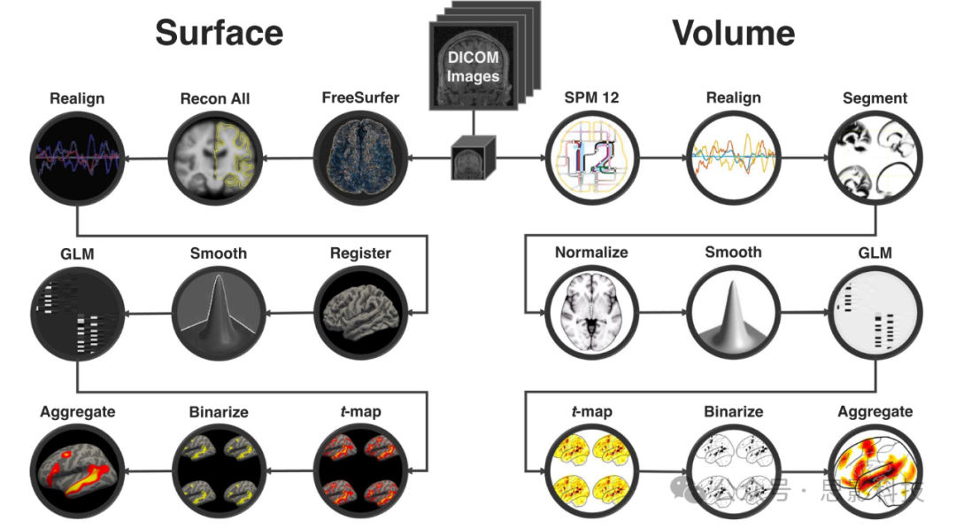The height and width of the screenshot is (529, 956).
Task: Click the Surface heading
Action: pyautogui.click(x=219, y=33)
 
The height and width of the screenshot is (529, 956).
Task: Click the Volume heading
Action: pyautogui.click(x=733, y=33)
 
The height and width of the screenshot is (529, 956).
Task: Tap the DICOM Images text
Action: pyautogui.click(x=472, y=66)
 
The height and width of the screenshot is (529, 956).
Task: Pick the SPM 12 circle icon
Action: pyautogui.click(x=590, y=159)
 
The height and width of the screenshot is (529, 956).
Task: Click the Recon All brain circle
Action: pyautogui.click(x=215, y=159)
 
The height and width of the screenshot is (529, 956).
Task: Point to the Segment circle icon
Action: pyautogui.click(x=875, y=159)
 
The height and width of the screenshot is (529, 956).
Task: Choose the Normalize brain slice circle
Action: pyautogui.click(x=590, y=314)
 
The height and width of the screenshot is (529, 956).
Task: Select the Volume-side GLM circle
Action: pyautogui.click(x=875, y=314)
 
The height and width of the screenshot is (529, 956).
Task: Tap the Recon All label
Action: pyautogui.click(x=215, y=98)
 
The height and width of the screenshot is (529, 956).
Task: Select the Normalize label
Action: pyautogui.click(x=591, y=253)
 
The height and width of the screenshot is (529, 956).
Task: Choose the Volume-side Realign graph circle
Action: pyautogui.click(x=733, y=159)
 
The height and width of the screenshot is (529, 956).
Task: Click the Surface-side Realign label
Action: pyautogui.click(x=77, y=98)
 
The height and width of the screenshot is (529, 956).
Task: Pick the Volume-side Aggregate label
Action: pyautogui.click(x=875, y=412)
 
